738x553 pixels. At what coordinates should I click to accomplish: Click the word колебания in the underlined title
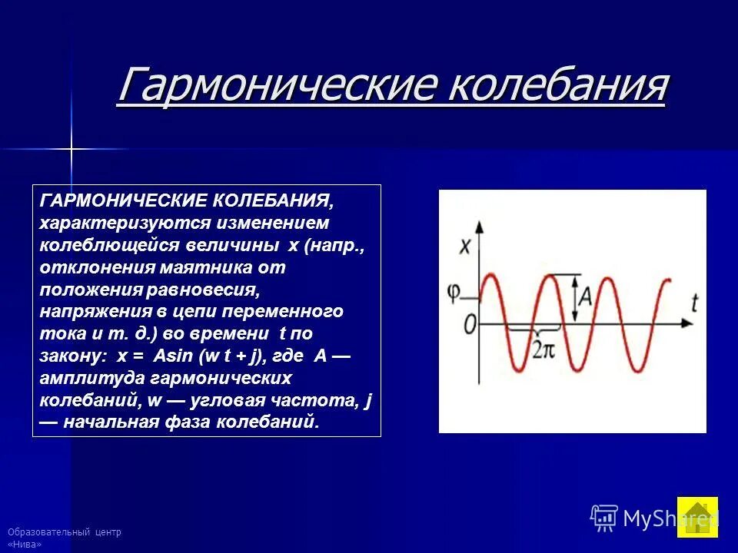pos(557,86)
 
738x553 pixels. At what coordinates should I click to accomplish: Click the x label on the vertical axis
pos(464,247)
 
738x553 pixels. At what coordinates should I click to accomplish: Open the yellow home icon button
pos(697,517)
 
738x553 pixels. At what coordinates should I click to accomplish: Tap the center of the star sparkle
pos(71,148)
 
